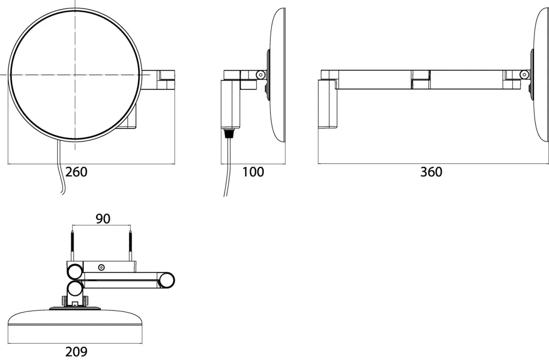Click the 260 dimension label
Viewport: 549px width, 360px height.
[76, 172]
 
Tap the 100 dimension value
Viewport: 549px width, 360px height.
[253, 172]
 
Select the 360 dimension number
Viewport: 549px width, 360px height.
[431, 172]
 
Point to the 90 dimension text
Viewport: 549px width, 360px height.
[103, 219]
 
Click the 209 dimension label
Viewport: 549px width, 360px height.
[76, 352]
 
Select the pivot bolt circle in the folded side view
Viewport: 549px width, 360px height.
[260, 75]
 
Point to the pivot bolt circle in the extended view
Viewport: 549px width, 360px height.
[524, 75]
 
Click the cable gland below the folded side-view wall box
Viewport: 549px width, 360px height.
[229, 134]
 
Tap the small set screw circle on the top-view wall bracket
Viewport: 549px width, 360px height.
[102, 268]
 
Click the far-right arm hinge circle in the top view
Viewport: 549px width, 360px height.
[167, 280]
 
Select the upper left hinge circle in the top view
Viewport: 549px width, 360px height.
[75, 271]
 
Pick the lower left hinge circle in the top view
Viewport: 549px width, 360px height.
[75, 289]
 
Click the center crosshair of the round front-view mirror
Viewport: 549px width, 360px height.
[75, 75]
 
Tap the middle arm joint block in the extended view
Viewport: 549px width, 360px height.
[421, 79]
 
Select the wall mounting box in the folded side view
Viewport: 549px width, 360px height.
[231, 104]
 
